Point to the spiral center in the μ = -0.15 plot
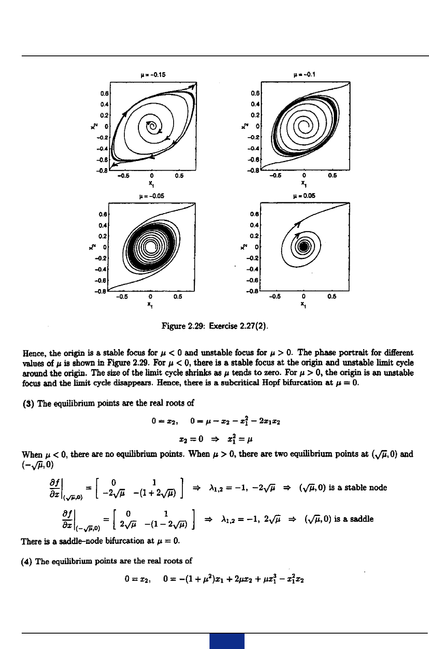(x=153, y=126)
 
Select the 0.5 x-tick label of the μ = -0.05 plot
(x=178, y=297)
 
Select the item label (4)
(x=27, y=561)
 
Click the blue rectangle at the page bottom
(x=227, y=641)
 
